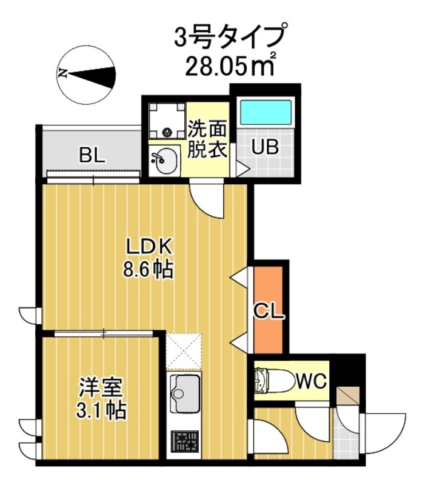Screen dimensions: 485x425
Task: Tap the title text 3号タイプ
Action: [229, 37]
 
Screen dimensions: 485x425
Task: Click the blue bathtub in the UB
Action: [265, 113]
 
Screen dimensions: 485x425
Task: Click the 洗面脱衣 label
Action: [207, 139]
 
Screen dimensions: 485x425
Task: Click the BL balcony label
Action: [92, 156]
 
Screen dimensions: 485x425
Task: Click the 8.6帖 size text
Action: [149, 269]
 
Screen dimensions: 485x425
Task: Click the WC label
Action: [312, 382]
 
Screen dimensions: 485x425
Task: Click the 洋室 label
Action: [101, 387]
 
